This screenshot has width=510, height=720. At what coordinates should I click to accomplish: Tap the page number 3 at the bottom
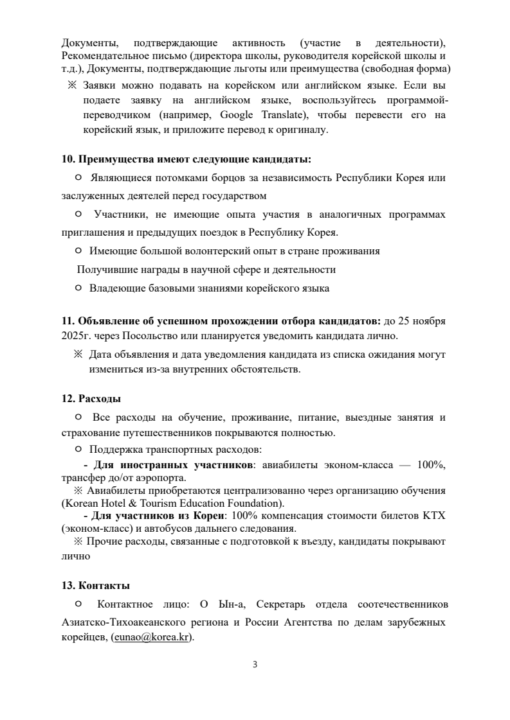[x=255, y=664]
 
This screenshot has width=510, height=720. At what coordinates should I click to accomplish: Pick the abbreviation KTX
[x=434, y=516]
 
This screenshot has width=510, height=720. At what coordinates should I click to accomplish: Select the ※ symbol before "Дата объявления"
[x=78, y=355]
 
